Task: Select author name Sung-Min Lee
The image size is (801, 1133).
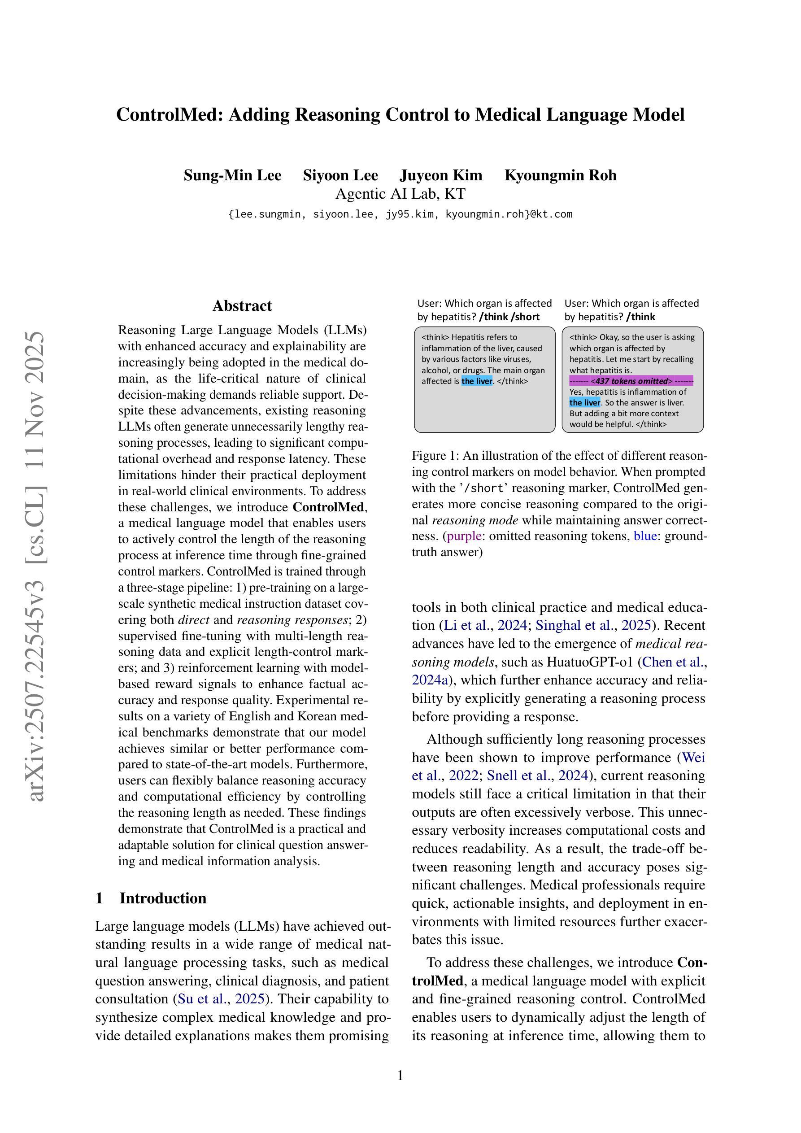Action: [232, 175]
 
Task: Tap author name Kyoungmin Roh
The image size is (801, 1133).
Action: [560, 175]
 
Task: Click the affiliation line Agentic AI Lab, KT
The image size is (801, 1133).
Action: [400, 193]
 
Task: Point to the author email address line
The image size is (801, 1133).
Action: [400, 214]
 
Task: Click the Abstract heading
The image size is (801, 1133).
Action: [242, 305]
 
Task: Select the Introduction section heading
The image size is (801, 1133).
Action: [162, 898]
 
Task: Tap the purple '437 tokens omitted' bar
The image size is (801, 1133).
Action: [631, 381]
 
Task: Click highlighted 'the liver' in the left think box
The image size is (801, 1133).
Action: [477, 381]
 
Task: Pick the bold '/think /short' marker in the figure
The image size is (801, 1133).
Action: [509, 317]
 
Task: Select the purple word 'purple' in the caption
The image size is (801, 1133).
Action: [464, 536]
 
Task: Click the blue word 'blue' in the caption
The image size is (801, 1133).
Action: [645, 536]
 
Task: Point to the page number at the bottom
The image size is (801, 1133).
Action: [400, 1075]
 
